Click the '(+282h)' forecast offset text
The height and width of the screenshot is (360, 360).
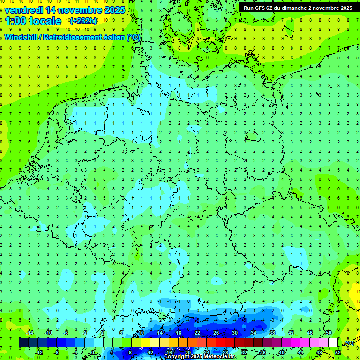click(x=83, y=22)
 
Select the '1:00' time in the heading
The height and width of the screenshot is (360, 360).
click(x=15, y=21)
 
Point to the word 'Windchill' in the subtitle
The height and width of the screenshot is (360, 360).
click(x=22, y=37)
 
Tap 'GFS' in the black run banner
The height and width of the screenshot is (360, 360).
click(x=261, y=8)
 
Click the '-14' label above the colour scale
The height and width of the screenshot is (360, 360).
click(x=30, y=333)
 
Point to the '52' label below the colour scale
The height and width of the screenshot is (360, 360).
click(x=337, y=352)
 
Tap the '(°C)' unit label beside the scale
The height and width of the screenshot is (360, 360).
click(x=348, y=343)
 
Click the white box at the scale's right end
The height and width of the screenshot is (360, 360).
click(x=333, y=343)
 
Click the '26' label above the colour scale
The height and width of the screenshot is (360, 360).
click(x=216, y=333)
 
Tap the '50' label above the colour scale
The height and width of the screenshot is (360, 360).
click(x=328, y=333)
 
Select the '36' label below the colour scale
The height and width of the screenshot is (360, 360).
click(x=262, y=352)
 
